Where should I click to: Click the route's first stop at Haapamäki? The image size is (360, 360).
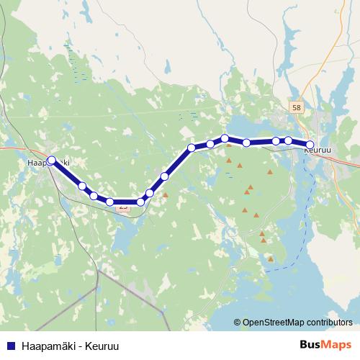click(51, 161)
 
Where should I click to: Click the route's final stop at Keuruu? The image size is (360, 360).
click(310, 145)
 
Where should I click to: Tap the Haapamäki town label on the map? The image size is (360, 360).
click(48, 163)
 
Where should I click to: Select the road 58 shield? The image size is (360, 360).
click(297, 107)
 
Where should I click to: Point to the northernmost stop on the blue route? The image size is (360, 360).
click(225, 138)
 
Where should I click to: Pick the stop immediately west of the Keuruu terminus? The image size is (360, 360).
click(288, 141)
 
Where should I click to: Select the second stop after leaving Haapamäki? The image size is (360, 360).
click(94, 196)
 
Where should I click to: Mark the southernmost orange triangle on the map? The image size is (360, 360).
click(270, 258)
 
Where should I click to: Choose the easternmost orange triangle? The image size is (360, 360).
click(270, 172)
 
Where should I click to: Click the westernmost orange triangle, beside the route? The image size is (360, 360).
click(165, 194)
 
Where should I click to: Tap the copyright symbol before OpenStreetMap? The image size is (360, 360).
click(237, 323)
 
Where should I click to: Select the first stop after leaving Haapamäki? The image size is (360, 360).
click(82, 186)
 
